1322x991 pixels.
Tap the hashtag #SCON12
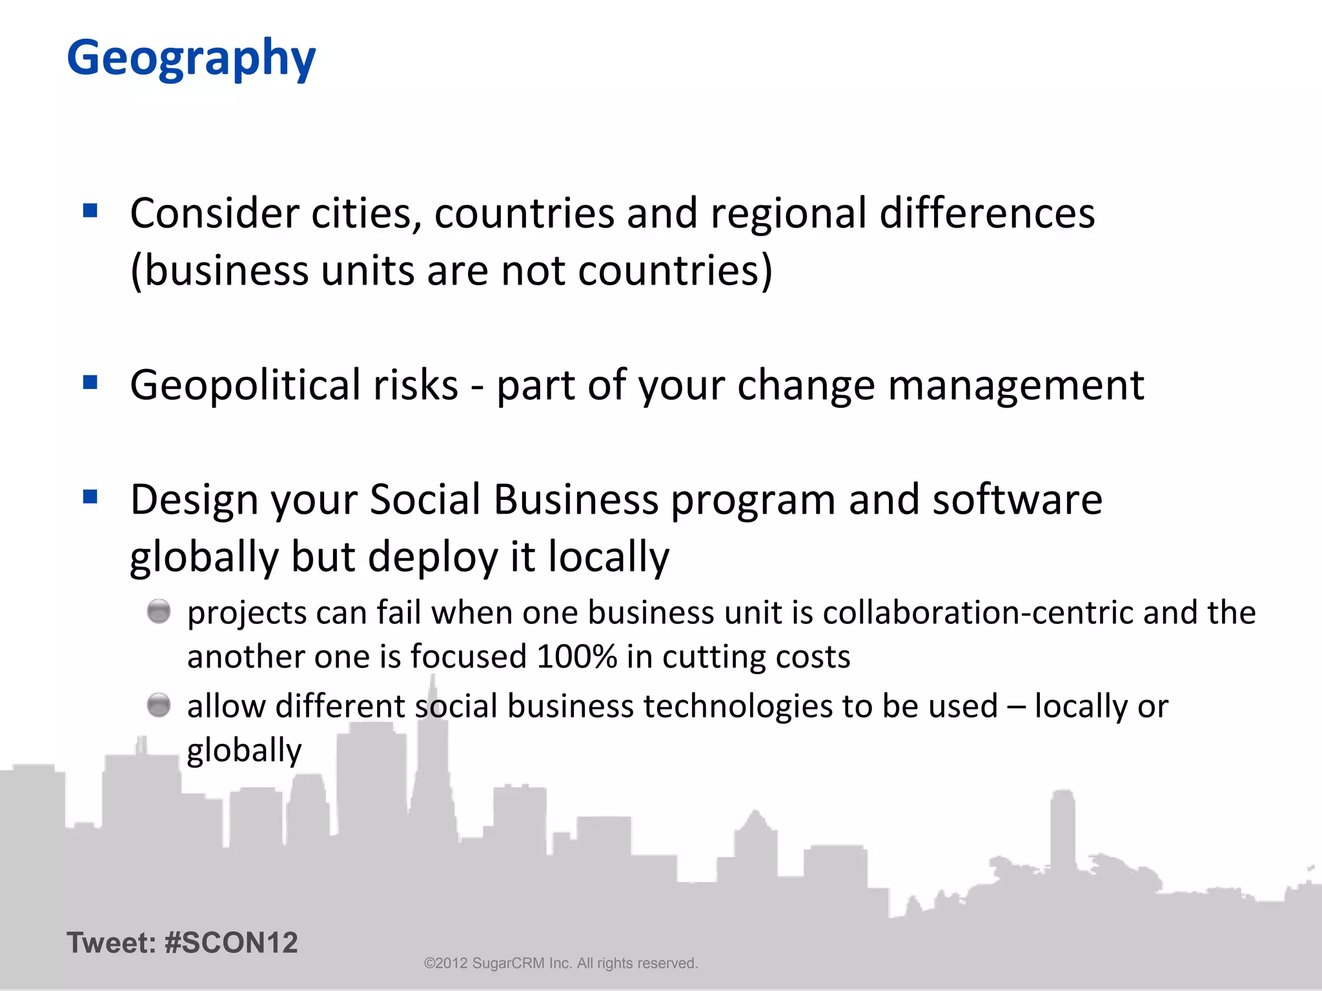231,943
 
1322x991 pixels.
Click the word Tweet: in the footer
111,943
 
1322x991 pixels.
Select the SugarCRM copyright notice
560,963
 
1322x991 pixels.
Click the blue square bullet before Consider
90,210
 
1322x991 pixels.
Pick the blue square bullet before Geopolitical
90,383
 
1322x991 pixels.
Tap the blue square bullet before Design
90,497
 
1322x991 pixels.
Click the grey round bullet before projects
159,611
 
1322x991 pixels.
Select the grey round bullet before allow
159,705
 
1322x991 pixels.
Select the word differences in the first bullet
987,214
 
